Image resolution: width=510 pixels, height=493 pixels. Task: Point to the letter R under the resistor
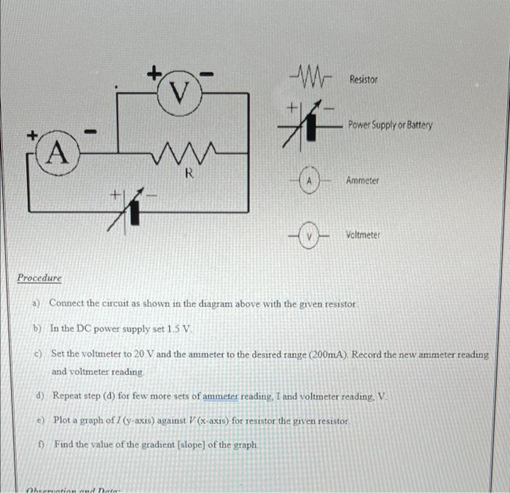188,174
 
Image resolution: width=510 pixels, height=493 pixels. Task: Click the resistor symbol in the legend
310,75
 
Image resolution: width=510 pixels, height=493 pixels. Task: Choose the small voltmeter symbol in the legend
310,236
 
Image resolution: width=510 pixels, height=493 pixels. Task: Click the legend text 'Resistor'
364,79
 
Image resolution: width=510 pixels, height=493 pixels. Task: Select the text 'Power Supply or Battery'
390,125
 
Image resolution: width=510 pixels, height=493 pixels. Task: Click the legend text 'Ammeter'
363,180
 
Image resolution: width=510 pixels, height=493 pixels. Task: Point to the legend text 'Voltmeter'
364,236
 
